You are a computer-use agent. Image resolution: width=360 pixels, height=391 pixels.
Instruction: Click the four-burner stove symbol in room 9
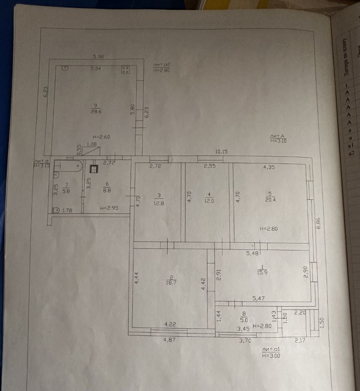[x=126, y=70]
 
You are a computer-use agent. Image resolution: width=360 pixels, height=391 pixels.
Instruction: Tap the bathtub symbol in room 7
[x=71, y=166]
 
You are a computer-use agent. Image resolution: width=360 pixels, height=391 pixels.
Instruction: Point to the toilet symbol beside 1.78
[x=56, y=210]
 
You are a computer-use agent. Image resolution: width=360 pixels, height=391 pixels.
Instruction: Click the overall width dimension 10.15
[x=221, y=152]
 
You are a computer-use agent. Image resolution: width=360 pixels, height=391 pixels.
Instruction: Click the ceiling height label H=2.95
[x=109, y=209]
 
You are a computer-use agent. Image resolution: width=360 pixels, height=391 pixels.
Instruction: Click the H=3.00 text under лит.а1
[x=271, y=355]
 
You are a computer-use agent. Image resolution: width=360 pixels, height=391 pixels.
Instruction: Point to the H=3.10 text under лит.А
[x=279, y=141]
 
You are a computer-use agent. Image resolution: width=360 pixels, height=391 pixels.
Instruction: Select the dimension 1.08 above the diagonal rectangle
[x=92, y=144]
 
